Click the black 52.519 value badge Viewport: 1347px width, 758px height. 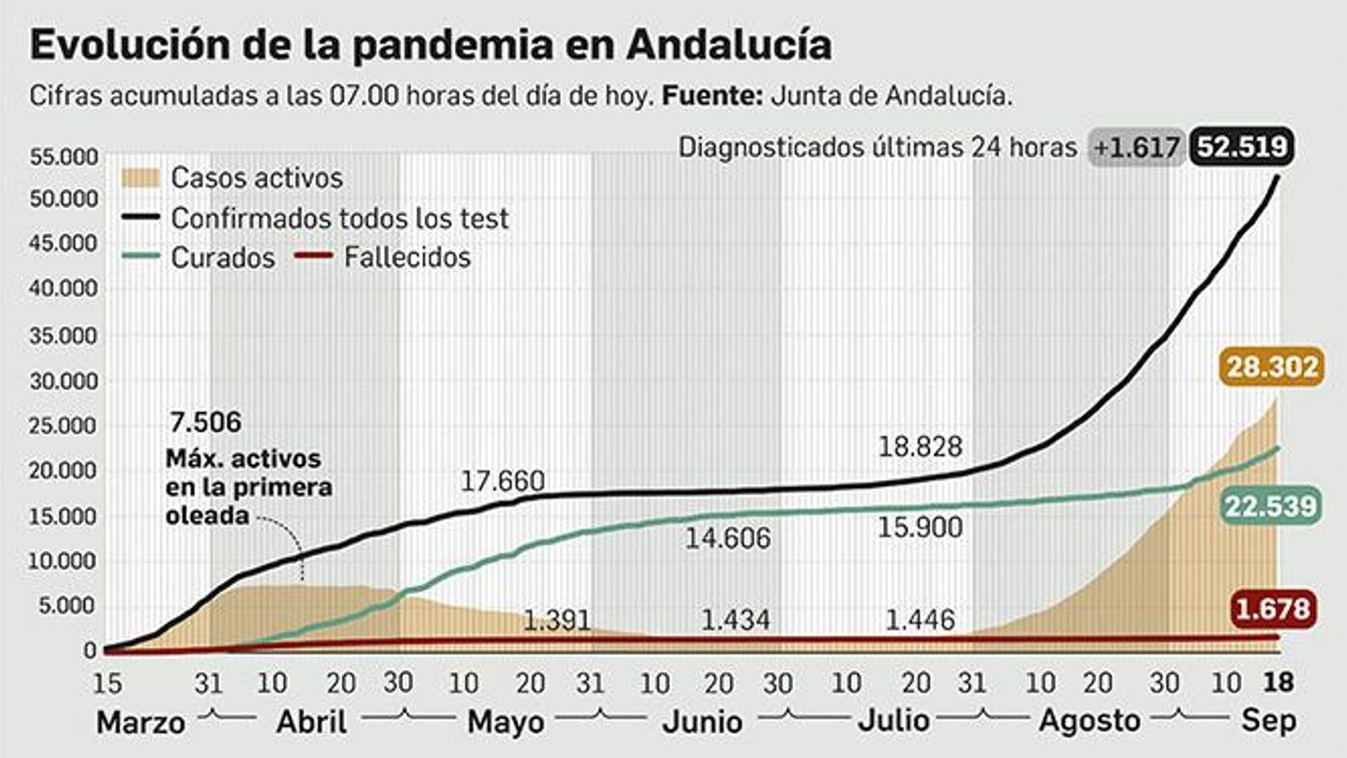(x=1242, y=147)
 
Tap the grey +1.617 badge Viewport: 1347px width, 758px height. (x=1137, y=148)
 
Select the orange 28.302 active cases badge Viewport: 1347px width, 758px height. (x=1271, y=367)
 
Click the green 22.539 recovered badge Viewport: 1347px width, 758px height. (x=1270, y=506)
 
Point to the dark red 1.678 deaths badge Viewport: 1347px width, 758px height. (x=1272, y=608)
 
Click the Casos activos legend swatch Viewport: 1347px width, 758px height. (x=140, y=178)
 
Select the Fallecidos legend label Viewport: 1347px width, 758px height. (x=407, y=258)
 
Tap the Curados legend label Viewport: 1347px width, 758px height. (x=222, y=258)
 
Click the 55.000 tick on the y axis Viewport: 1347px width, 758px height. (x=64, y=157)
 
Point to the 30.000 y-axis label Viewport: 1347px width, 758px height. (x=64, y=381)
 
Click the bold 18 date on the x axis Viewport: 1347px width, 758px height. (x=1278, y=682)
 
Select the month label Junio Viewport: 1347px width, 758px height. (x=702, y=722)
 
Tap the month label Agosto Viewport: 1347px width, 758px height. (x=1089, y=722)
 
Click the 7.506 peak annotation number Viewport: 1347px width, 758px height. (x=205, y=422)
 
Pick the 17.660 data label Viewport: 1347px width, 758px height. (x=503, y=482)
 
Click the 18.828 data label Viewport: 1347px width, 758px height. (x=919, y=446)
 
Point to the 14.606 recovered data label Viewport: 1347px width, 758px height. (x=727, y=538)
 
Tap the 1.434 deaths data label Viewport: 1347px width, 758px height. (x=735, y=621)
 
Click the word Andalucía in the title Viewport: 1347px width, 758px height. (x=729, y=45)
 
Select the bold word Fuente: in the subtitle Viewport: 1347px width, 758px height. (x=712, y=96)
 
